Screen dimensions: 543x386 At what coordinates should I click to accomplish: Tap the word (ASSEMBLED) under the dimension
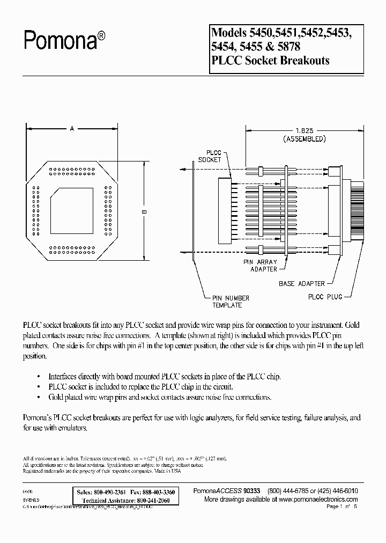[x=303, y=139]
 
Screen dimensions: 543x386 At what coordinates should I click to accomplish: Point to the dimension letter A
[x=72, y=129]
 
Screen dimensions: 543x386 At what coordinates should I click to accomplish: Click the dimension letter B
[x=144, y=212]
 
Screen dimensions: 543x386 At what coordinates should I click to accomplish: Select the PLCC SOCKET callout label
[x=210, y=156]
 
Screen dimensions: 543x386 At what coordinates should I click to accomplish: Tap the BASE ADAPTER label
[x=301, y=283]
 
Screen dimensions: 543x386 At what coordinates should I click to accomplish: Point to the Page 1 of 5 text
[x=341, y=507]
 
